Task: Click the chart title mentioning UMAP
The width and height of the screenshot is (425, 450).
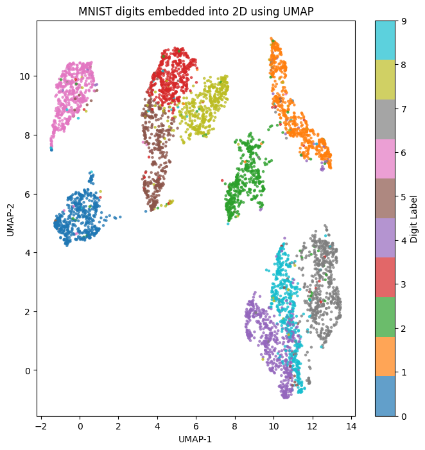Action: (195, 12)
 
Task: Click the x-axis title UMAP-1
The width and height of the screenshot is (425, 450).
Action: (195, 440)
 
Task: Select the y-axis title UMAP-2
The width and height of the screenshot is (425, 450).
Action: (11, 218)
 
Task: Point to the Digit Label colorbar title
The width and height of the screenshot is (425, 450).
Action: (414, 218)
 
